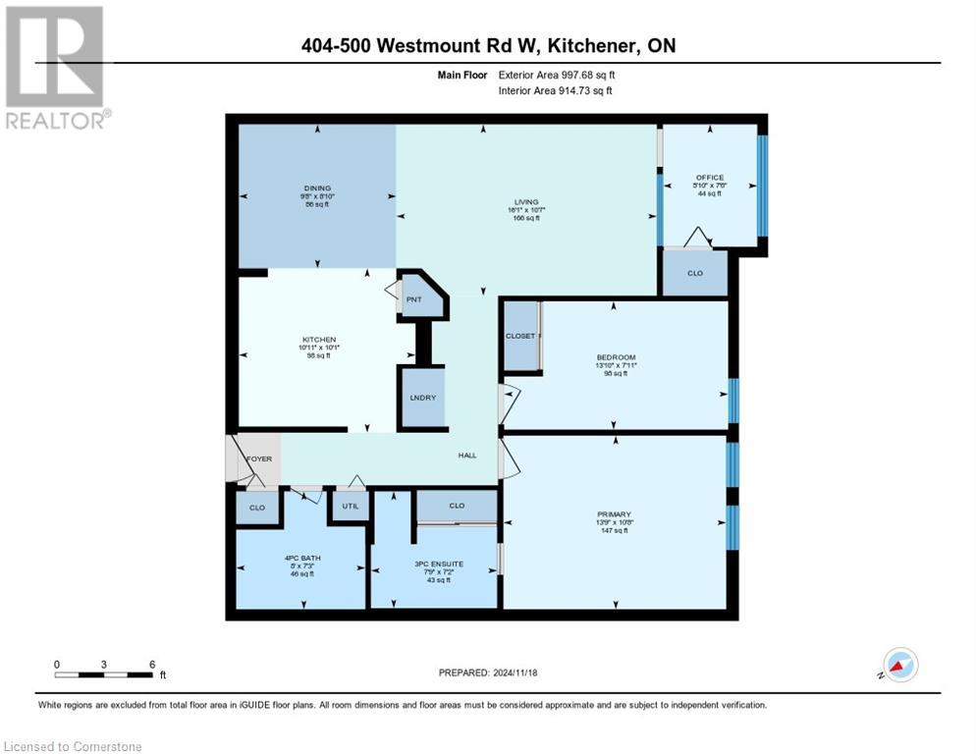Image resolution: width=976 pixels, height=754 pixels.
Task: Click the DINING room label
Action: (x=317, y=188)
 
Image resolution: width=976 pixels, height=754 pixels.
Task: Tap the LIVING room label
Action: (x=526, y=202)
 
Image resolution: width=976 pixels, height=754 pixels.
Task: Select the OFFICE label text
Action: (x=709, y=178)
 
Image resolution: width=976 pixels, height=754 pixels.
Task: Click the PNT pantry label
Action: (x=414, y=299)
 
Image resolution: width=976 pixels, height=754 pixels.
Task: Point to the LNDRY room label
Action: (x=422, y=398)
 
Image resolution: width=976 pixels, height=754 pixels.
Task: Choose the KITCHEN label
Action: (x=318, y=340)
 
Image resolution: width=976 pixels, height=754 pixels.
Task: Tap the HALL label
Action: (x=467, y=455)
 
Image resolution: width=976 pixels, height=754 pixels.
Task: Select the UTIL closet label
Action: (x=349, y=506)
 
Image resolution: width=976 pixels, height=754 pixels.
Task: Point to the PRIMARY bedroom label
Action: (x=614, y=513)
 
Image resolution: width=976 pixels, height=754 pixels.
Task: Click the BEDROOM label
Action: (x=616, y=357)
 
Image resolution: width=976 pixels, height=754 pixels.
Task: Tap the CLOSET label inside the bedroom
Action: (x=519, y=336)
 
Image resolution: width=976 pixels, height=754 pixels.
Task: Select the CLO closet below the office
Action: (x=694, y=274)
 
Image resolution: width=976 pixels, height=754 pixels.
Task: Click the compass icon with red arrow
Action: (x=899, y=665)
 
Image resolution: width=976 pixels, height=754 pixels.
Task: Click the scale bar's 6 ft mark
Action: (x=152, y=665)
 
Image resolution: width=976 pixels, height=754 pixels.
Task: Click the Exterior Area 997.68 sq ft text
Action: (x=557, y=75)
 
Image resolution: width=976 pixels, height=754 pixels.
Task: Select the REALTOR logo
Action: (x=56, y=69)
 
